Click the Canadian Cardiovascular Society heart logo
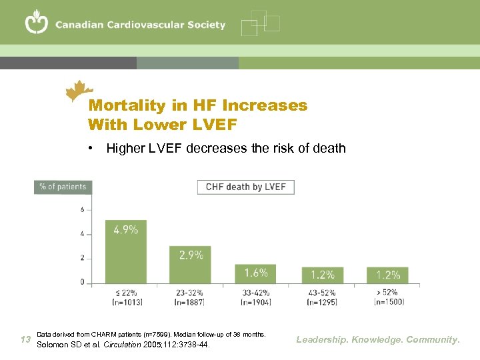[x=37, y=23]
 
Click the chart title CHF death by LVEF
[x=245, y=187]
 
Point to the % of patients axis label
[x=63, y=187]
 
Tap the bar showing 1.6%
[x=255, y=273]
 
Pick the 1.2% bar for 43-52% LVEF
[x=322, y=275]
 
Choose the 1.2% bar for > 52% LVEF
[x=387, y=275]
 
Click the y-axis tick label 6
[x=82, y=209]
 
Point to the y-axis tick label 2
[x=82, y=258]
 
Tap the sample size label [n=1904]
[x=255, y=302]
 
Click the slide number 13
[x=26, y=339]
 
